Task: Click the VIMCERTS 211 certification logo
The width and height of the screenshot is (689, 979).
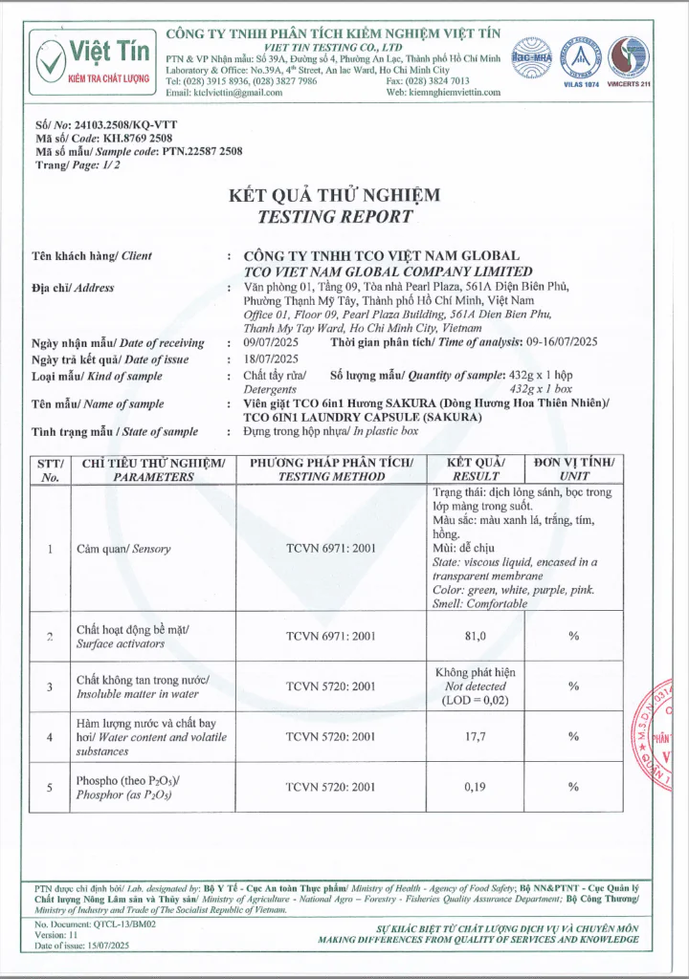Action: tap(629, 59)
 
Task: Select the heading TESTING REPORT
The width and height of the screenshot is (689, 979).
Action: tap(335, 217)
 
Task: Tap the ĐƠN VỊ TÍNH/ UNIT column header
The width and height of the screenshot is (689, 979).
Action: tap(574, 469)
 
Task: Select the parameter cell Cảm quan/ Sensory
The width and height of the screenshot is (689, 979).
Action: tap(123, 549)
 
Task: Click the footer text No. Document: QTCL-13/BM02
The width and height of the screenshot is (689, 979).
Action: tap(95, 925)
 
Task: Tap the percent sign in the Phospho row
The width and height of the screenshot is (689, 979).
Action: tap(574, 787)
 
